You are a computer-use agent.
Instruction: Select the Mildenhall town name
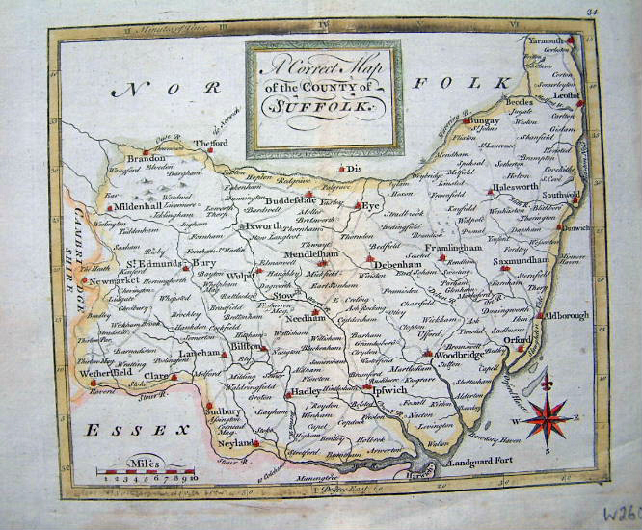click(x=142, y=207)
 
